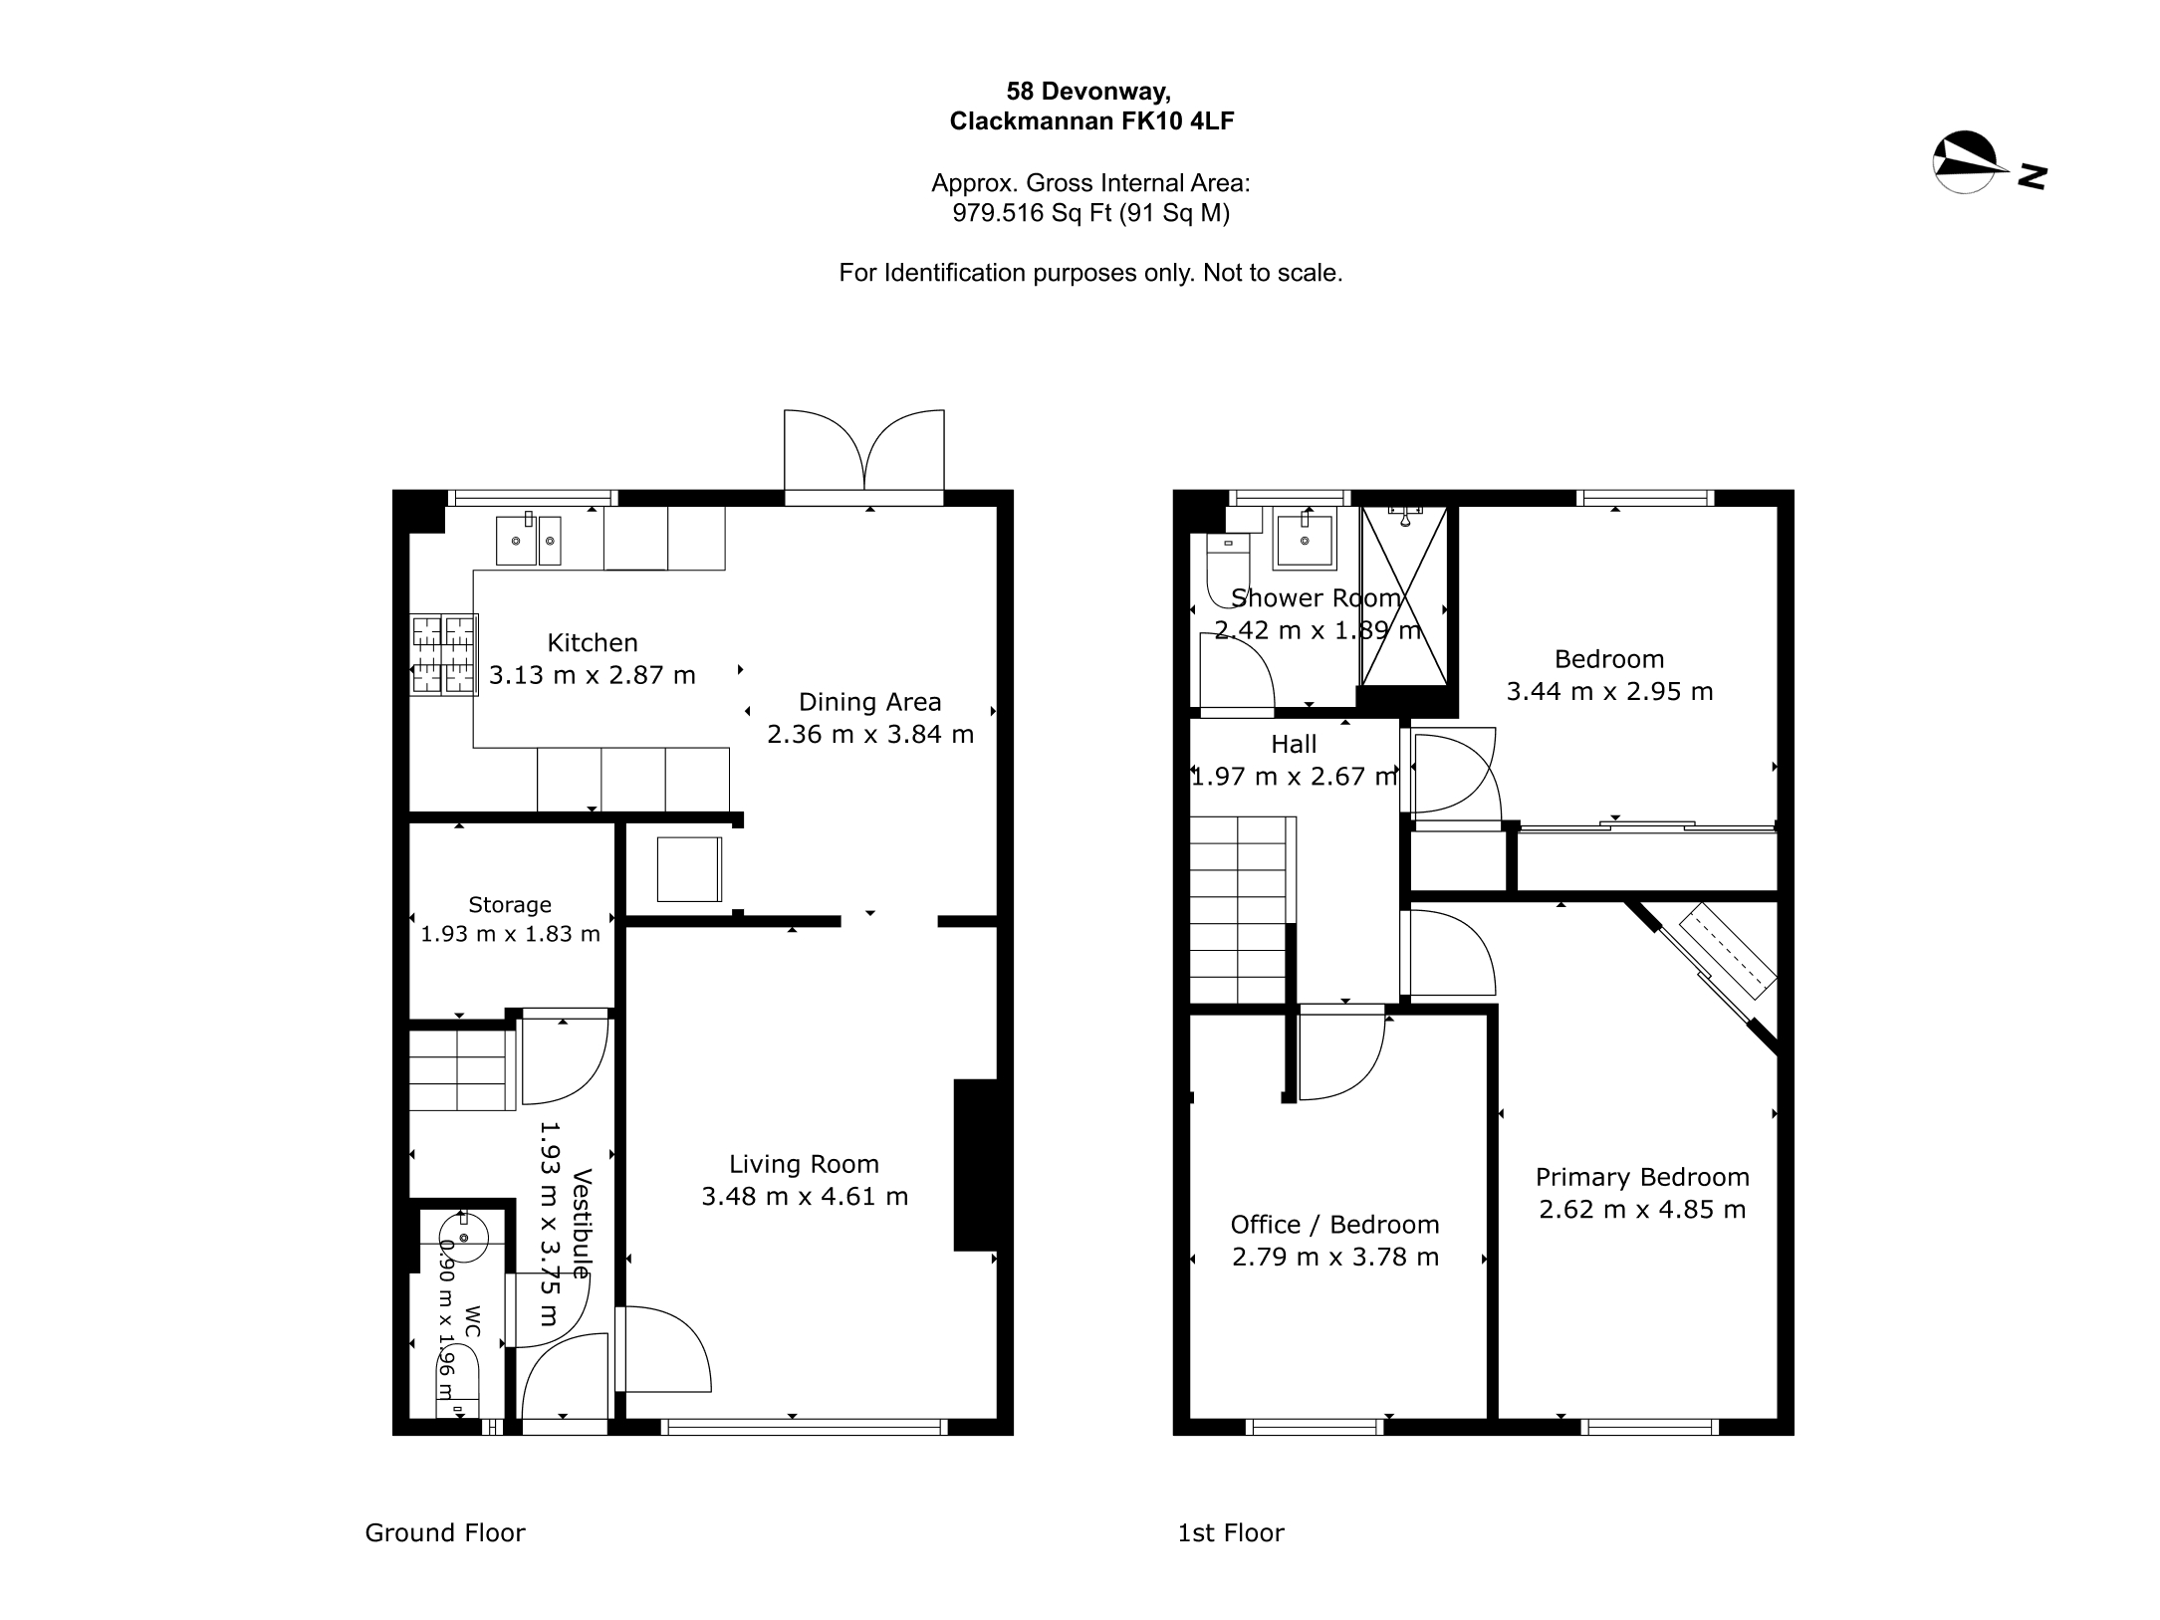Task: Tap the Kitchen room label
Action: coord(593,643)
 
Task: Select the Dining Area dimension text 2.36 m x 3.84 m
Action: coord(870,735)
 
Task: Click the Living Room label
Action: coord(805,1164)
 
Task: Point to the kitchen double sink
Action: coord(530,541)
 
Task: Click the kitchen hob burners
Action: coord(444,653)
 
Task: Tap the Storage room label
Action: coord(510,905)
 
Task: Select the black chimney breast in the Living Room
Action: coord(976,1164)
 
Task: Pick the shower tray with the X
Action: coord(1403,596)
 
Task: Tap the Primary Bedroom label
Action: coord(1642,1178)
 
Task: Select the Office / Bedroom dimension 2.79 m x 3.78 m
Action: coord(1335,1258)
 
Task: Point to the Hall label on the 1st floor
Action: coord(1294,744)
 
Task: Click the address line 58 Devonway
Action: coord(1088,92)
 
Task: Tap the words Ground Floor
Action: coord(445,1532)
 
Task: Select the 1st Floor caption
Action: coord(1231,1532)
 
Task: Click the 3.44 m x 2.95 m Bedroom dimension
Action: coord(1609,692)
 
